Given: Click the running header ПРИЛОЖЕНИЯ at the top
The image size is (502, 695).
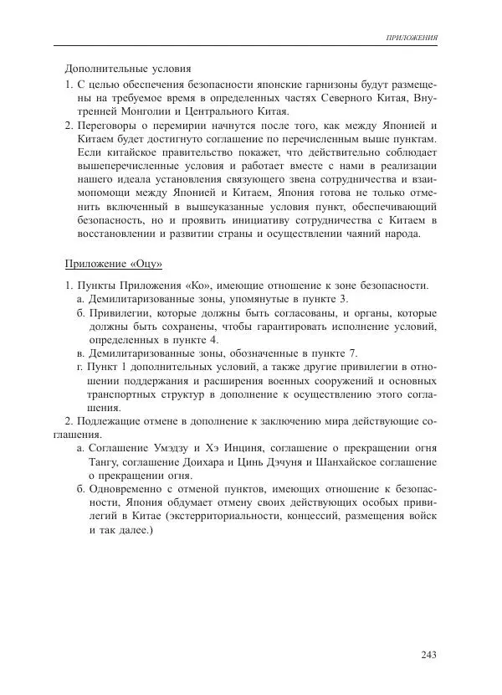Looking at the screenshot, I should pos(412,39).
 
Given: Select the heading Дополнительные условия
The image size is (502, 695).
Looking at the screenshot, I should pos(128,69).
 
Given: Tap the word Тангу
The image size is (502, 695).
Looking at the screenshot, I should pos(104,461).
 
